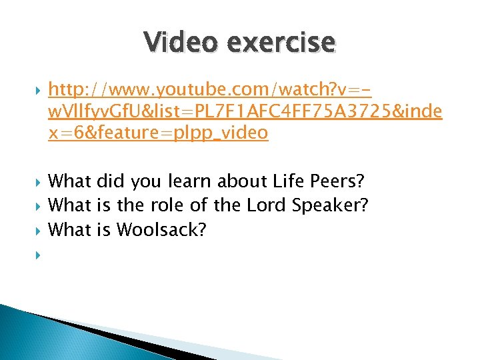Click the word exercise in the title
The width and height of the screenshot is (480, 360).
[x=281, y=42]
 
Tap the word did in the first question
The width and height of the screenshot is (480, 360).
[x=111, y=181]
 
